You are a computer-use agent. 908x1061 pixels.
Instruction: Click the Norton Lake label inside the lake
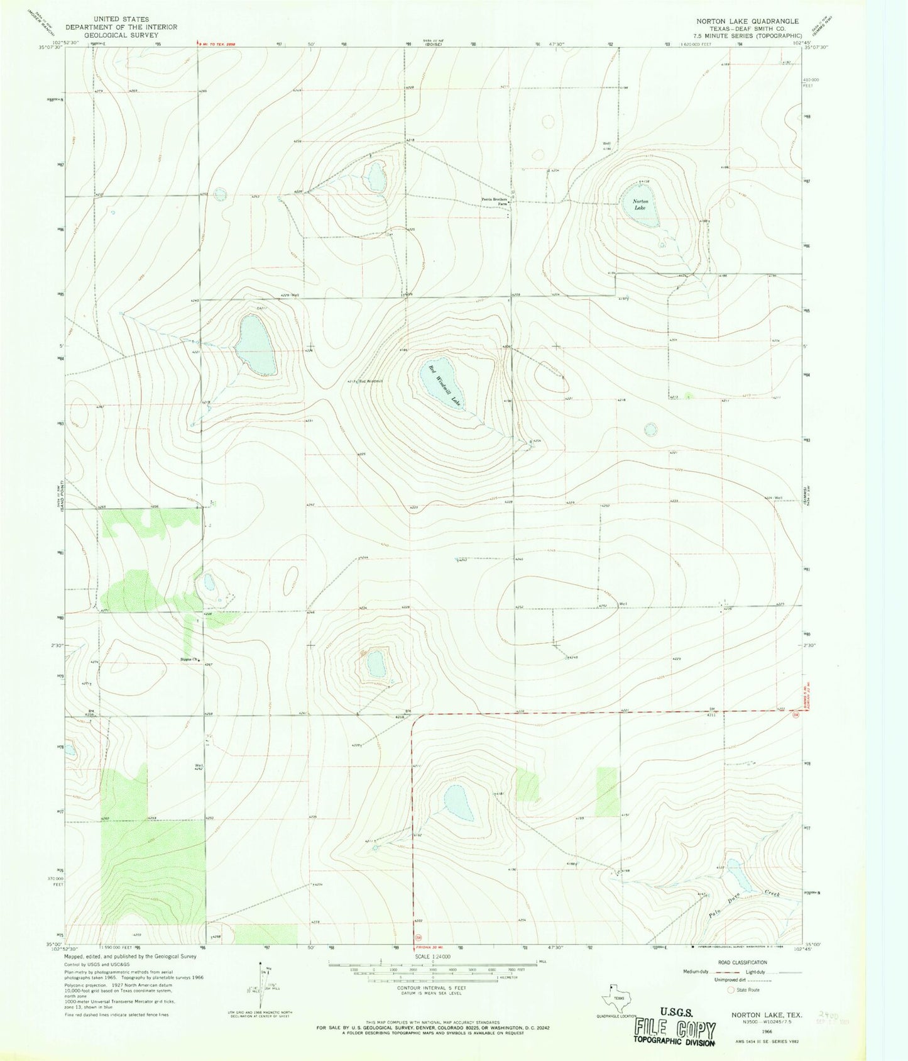click(x=640, y=204)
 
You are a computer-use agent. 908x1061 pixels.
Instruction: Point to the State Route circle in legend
click(x=731, y=990)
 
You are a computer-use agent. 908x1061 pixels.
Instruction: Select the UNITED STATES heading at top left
click(x=121, y=19)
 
